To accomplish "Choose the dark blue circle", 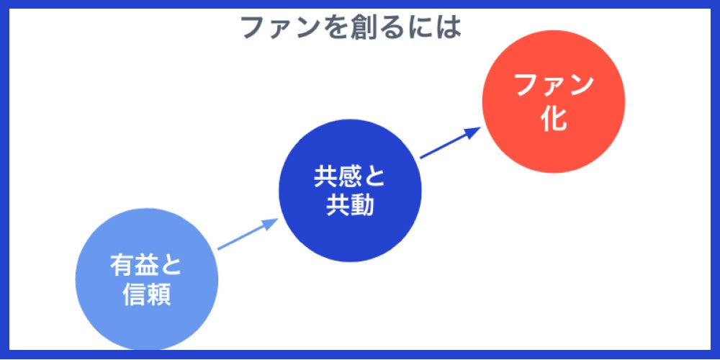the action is tap(350, 190).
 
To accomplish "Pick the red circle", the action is tap(553, 102).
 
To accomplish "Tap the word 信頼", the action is tap(146, 295).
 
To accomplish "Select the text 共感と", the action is tap(350, 176).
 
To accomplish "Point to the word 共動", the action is tap(350, 206).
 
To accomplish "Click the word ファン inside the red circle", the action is tap(554, 86).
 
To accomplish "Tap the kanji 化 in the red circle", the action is tap(554, 118).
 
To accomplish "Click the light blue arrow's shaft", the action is tap(241, 237).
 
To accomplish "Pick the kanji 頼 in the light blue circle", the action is tap(160, 295).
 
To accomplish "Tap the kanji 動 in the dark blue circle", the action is tap(363, 206).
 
